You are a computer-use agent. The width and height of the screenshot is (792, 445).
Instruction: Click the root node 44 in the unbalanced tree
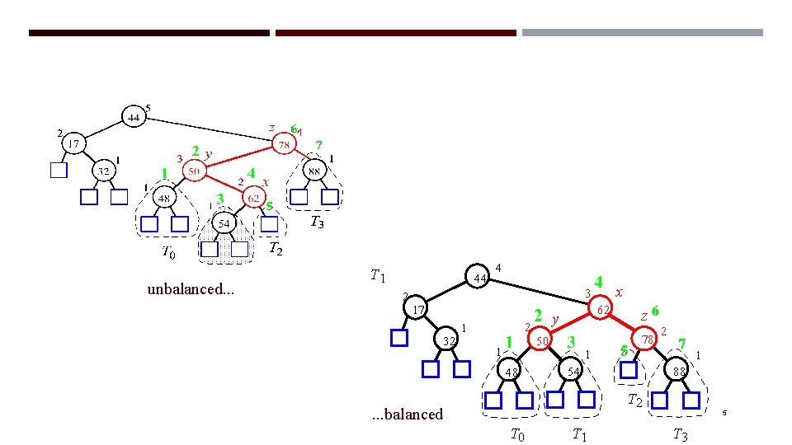(x=133, y=117)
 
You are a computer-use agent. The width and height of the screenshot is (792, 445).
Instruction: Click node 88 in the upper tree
(x=314, y=171)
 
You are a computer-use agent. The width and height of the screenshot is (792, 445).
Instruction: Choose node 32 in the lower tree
(x=446, y=341)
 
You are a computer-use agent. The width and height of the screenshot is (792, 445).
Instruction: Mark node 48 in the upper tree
(x=164, y=198)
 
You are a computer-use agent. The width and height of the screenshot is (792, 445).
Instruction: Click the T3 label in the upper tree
(x=317, y=222)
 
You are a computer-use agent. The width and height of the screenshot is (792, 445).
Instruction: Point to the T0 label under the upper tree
(x=167, y=252)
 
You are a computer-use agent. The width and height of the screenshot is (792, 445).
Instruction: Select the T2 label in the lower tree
(x=634, y=401)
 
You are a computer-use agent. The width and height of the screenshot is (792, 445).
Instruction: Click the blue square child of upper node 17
(x=58, y=171)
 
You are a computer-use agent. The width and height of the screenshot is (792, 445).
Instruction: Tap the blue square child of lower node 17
(x=399, y=338)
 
